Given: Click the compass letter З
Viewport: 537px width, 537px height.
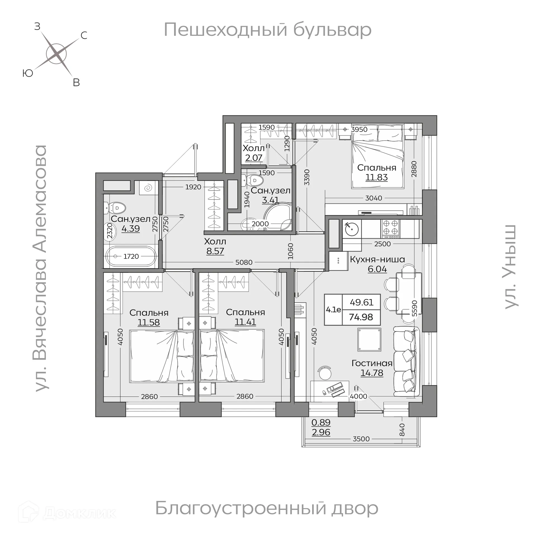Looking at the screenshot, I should point(37,26).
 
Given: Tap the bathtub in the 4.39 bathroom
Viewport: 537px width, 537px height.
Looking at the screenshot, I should point(131,256).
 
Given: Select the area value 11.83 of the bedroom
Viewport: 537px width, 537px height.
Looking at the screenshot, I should point(376,177).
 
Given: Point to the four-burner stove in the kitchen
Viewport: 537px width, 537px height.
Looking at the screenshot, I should point(390,229).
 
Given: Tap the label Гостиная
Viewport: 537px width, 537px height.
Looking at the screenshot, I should point(372,363).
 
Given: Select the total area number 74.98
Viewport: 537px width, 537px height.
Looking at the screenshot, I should point(361,317).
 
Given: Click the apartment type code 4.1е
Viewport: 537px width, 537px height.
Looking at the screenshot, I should point(333,310).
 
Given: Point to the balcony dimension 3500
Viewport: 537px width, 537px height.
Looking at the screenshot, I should point(361,439).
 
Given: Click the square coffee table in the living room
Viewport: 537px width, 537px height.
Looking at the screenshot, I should point(369,340).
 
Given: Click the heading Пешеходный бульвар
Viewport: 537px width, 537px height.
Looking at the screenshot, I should point(267,30).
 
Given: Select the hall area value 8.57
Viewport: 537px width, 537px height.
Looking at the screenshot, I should point(215,251).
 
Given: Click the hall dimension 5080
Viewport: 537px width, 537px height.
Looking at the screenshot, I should point(244,262).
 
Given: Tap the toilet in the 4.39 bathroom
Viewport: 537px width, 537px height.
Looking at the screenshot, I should point(115,208).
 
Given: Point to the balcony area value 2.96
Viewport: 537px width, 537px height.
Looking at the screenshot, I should point(321,432).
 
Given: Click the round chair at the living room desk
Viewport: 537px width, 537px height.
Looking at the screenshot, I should point(325,373).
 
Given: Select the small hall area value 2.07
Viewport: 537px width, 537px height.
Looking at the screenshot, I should point(254,158).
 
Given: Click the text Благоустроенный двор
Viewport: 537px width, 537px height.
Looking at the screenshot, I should point(267,508).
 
